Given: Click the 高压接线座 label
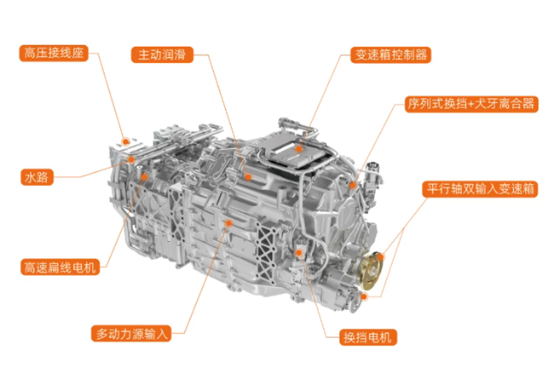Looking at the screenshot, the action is click(x=54, y=54).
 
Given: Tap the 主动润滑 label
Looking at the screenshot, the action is click(x=162, y=55).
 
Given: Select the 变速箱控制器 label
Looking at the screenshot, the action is click(x=390, y=55).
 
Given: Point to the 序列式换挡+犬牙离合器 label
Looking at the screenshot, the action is click(x=471, y=104).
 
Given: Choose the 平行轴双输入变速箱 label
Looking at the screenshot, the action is click(x=480, y=189).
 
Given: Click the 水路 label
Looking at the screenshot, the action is click(x=37, y=177).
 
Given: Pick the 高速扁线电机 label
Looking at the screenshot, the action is click(x=60, y=267).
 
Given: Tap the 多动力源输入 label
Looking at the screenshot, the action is click(x=131, y=333).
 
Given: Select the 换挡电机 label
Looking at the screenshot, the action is click(x=368, y=337).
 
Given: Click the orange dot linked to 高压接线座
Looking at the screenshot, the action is click(x=125, y=142).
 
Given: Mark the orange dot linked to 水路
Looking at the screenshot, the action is click(x=131, y=159).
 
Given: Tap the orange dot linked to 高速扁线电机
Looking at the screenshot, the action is click(x=144, y=176).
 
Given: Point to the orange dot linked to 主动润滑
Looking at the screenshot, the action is click(x=248, y=176).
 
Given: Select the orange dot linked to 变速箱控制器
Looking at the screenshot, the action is click(x=299, y=149).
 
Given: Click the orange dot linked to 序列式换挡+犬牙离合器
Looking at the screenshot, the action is click(x=352, y=185).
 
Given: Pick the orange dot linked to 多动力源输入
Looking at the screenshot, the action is click(x=228, y=223).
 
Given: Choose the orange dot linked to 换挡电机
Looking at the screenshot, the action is click(x=299, y=252).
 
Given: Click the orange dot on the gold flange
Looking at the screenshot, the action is click(x=380, y=256).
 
